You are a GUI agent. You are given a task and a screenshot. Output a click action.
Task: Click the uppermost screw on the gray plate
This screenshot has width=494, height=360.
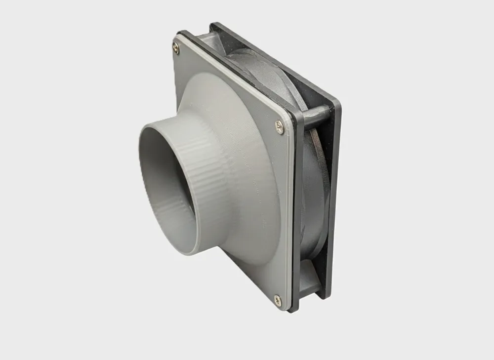click(176, 47)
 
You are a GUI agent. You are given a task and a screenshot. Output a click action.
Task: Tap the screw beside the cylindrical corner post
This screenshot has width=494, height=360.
click(280, 127)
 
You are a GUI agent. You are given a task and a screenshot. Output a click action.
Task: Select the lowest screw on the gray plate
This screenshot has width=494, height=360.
click(277, 299)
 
